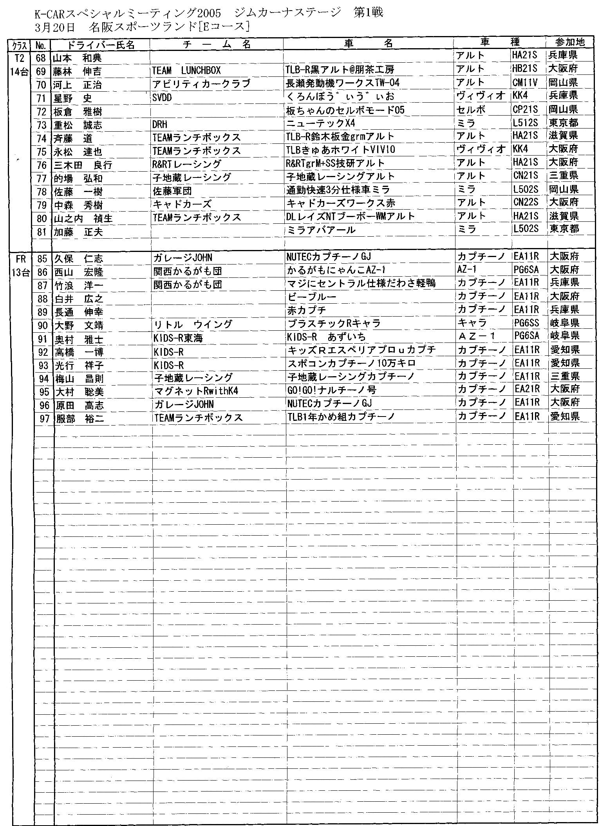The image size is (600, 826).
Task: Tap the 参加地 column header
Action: tap(569, 43)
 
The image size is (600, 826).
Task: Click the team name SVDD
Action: tap(162, 98)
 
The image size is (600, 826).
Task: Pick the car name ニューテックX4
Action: tap(321, 123)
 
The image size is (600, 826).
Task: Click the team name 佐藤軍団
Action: tap(172, 191)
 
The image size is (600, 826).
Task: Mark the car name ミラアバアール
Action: tap(322, 230)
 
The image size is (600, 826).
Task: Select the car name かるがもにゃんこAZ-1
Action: tap(337, 270)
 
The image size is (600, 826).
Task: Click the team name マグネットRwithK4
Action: tap(197, 391)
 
